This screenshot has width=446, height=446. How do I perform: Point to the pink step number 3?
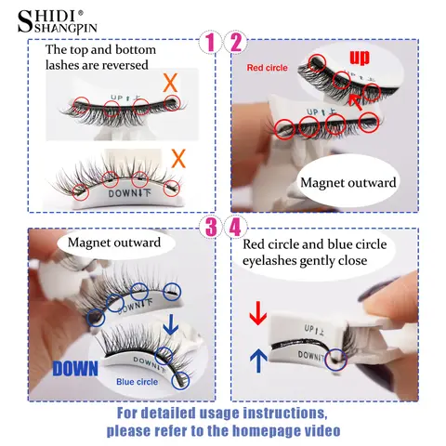click(211, 227)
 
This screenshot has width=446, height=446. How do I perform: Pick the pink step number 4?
click(236, 227)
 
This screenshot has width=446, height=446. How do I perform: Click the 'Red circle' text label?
click(268, 67)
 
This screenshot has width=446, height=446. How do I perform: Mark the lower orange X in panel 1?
click(180, 156)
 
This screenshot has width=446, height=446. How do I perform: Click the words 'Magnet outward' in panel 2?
click(348, 183)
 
